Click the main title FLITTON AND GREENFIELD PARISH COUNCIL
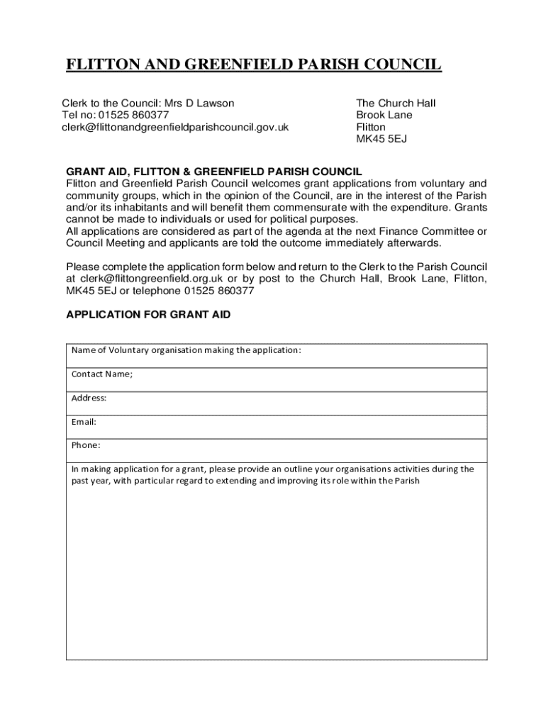coord(253,66)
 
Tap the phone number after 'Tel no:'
coord(133,116)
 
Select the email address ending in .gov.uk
coord(174,128)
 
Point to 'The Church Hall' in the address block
coord(396,104)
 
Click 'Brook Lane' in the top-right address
coord(384,116)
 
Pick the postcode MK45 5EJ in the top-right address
coord(381,140)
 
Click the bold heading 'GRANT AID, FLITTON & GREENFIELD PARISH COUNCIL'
coord(214,172)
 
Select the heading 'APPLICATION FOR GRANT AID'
coord(148,314)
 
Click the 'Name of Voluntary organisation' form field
coord(277,356)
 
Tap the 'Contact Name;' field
coord(277,379)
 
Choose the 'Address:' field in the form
coord(277,403)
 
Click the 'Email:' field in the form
coord(277,427)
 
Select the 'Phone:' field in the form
coord(277,450)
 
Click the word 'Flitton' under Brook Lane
coord(371,128)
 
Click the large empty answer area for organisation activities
coord(277,574)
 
